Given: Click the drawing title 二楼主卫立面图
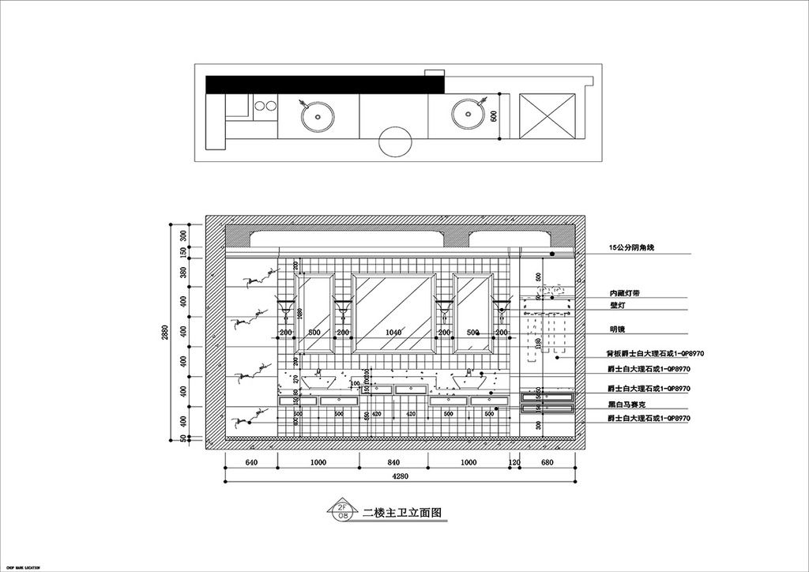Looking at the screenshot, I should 401,512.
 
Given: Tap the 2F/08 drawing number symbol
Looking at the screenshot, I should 343,510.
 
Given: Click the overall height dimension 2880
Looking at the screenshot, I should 166,333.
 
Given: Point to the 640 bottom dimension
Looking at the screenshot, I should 251,462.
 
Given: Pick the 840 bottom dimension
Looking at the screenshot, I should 393,462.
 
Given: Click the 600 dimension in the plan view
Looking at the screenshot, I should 494,116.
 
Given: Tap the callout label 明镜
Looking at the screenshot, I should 617,329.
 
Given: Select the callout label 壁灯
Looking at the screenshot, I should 617,303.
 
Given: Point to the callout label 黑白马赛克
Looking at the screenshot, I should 627,404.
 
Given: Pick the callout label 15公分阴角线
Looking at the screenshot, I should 632,248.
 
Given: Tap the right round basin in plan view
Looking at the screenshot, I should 468,115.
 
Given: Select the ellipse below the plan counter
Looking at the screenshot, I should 395,142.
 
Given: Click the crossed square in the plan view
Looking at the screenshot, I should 550,116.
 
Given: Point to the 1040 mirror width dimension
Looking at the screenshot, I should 394,333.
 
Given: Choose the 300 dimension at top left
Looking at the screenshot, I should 183,235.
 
